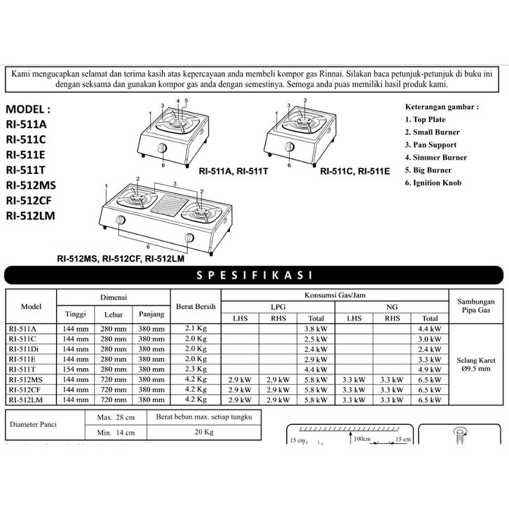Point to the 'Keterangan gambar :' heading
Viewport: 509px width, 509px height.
tap(442, 107)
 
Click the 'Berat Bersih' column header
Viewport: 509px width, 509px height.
tap(196, 306)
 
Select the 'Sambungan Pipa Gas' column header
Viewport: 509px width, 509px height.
tap(477, 301)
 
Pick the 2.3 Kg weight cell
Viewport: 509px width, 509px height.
tap(196, 369)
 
